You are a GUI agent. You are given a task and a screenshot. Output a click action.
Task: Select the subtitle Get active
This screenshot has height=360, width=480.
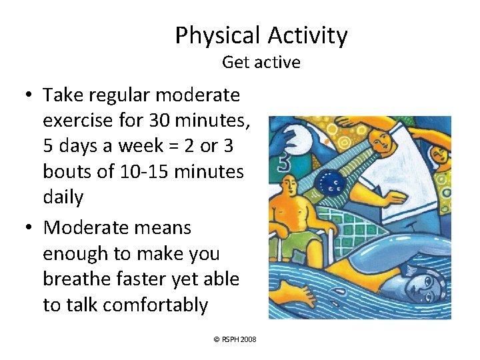tap(261, 63)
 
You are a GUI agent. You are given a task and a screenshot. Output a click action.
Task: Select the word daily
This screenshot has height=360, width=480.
tap(63, 197)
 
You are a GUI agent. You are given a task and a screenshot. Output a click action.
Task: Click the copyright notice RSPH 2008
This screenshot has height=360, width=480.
tap(234, 339)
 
